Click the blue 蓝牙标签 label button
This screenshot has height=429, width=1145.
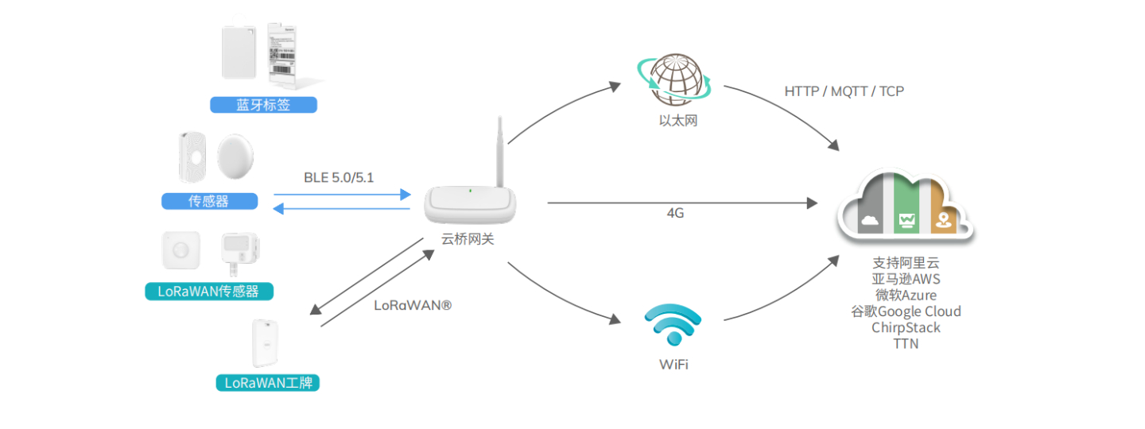tap(263, 105)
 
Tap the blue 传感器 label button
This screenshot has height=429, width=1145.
tap(209, 202)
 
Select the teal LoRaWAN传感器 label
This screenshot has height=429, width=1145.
tap(208, 292)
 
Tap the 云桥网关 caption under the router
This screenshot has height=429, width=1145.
tap(468, 238)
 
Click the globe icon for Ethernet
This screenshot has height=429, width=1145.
tap(675, 79)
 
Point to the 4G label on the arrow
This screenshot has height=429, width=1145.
tap(675, 214)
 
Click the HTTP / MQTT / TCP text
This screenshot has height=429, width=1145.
tap(844, 91)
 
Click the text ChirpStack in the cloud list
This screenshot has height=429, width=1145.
tap(906, 327)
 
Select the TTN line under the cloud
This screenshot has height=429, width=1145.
tap(906, 343)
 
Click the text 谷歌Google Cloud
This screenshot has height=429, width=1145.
tap(906, 311)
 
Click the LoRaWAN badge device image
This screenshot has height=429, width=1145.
tap(267, 343)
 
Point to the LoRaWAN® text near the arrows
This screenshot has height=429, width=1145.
tap(413, 304)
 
